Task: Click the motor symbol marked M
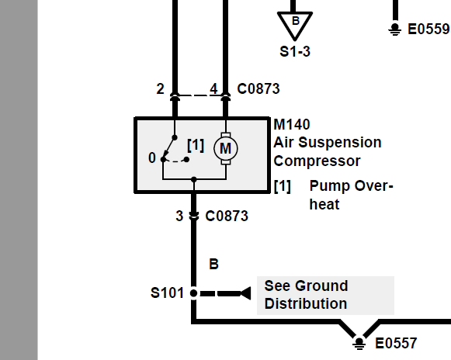coord(226,149)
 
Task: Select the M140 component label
coord(292,124)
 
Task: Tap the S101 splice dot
coord(194,293)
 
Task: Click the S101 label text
coord(167,292)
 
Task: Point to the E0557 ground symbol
coord(359,342)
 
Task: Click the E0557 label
coord(396,343)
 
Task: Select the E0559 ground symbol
coord(395,29)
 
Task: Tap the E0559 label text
coord(428,29)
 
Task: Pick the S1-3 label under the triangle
coord(295,52)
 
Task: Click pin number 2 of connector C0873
coord(160,89)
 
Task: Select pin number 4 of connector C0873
coord(213,89)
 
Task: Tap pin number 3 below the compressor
coord(179,216)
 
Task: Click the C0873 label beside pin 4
coord(258,89)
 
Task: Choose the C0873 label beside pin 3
coord(227,216)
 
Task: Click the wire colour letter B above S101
coord(213,264)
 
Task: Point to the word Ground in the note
coord(321,286)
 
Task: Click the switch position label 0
coord(152,157)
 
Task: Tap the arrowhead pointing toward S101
coord(245,293)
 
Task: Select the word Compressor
coord(317,161)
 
